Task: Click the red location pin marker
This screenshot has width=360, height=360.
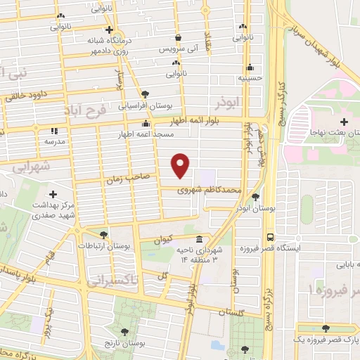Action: [x=181, y=165]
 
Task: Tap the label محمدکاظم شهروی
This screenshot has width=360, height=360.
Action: [x=211, y=189]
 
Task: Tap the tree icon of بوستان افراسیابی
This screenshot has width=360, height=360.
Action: [x=145, y=94]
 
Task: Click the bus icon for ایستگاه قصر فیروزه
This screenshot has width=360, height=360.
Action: [x=271, y=237]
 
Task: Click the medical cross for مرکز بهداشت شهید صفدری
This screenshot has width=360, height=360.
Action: [x=53, y=194]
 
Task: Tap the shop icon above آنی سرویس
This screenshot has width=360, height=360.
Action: [x=179, y=37]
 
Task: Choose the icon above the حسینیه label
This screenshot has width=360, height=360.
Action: [x=250, y=68]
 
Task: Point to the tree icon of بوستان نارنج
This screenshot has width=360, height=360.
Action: [x=124, y=332]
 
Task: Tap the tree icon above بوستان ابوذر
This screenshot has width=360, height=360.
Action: [x=255, y=198]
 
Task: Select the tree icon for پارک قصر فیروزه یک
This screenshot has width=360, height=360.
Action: [x=325, y=328]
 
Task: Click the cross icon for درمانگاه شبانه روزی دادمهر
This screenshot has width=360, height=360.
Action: [x=108, y=30]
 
